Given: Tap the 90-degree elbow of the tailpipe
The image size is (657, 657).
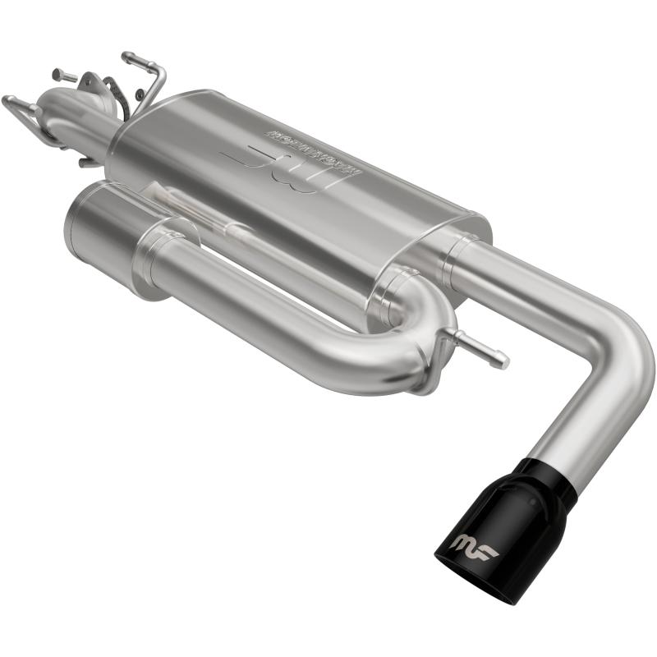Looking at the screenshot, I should [x=616, y=345].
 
